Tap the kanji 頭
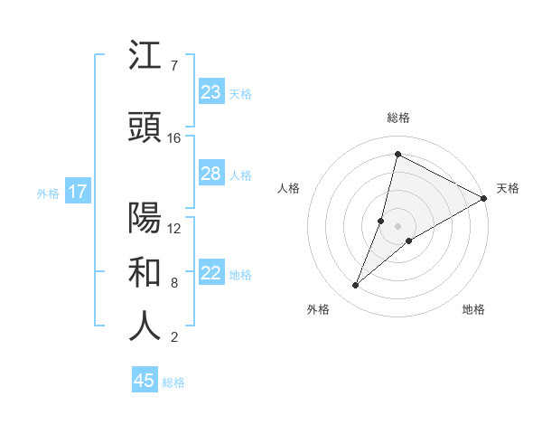tap(145, 127)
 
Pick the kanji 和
tap(145, 272)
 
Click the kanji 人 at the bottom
tap(145, 327)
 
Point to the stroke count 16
tap(174, 138)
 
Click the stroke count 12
tap(174, 228)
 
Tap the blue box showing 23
tap(211, 92)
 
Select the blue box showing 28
tap(211, 174)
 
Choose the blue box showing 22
tap(211, 273)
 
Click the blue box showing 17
tap(77, 192)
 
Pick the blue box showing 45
tap(145, 381)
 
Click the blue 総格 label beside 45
tap(173, 382)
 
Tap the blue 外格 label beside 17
tap(48, 193)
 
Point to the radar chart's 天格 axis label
tap(508, 188)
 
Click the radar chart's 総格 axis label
tap(398, 118)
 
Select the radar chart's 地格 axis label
tap(473, 310)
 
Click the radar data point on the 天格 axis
tap(484, 198)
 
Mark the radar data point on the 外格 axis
tap(355, 286)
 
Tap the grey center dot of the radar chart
tap(398, 226)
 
